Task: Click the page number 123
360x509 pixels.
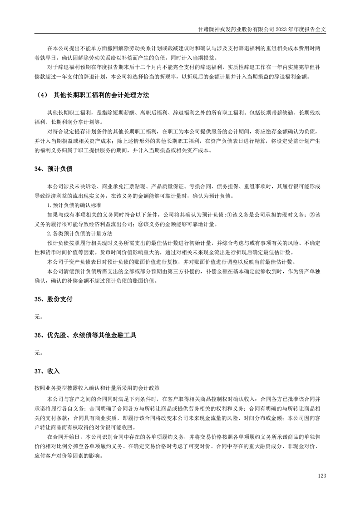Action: click(x=322, y=476)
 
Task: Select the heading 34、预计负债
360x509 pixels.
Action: click(x=53, y=169)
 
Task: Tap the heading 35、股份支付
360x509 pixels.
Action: click(x=53, y=299)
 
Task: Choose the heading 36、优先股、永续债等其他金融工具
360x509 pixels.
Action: click(x=85, y=335)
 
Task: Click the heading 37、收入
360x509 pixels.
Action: click(x=47, y=371)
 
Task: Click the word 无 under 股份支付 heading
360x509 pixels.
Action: click(x=38, y=317)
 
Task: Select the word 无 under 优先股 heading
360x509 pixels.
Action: click(x=38, y=352)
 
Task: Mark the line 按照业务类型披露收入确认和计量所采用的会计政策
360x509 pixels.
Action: click(x=96, y=388)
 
